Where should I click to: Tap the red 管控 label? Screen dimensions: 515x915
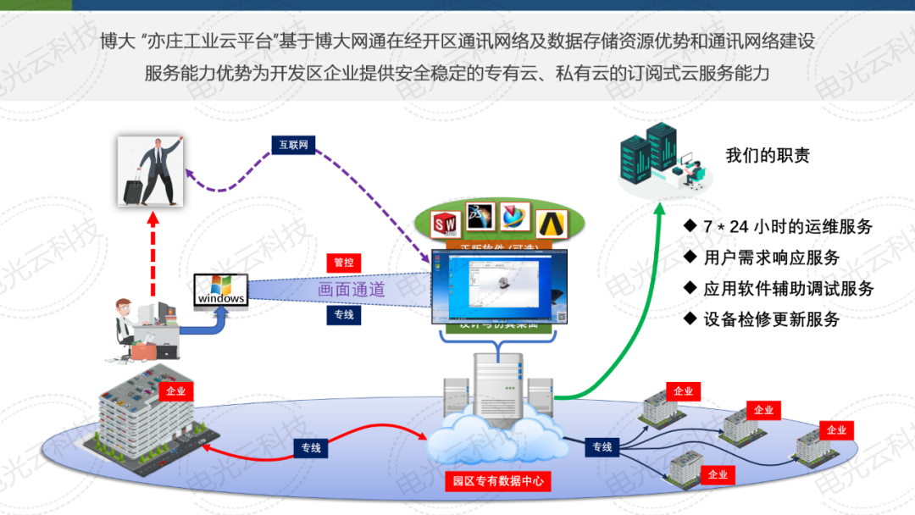point(343,263)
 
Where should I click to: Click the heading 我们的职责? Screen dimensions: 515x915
point(768,155)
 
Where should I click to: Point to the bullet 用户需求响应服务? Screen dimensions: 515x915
point(771,257)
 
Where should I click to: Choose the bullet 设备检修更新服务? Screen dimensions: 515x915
point(771,319)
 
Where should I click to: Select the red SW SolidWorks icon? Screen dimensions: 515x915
point(446,223)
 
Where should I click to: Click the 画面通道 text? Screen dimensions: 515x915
point(352,290)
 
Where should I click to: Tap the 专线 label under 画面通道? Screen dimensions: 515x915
point(343,315)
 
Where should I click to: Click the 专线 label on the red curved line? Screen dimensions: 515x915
point(311,447)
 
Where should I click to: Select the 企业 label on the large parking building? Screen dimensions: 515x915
point(175,391)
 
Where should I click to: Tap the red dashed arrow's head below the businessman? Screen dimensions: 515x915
point(152,219)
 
